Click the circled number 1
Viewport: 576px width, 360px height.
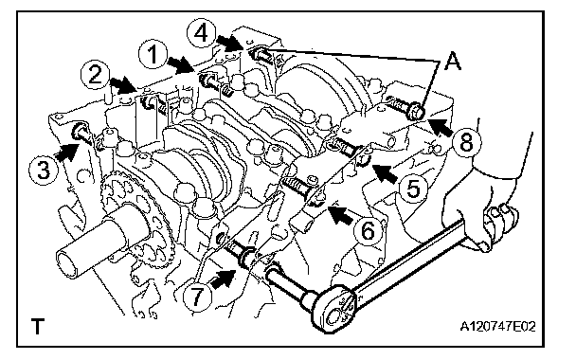(x=153, y=55)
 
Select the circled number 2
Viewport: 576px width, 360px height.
(x=95, y=75)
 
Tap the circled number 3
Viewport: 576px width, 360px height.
(x=45, y=171)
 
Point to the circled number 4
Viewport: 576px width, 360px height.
(x=201, y=33)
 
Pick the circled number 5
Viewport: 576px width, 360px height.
(x=414, y=189)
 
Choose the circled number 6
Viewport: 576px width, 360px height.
(x=368, y=231)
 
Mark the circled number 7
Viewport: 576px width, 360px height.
(x=197, y=296)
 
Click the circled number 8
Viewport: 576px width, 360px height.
(x=466, y=142)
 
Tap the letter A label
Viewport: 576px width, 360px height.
(x=452, y=61)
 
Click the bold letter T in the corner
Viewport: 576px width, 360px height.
(x=38, y=327)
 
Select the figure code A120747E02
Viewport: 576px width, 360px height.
(x=497, y=326)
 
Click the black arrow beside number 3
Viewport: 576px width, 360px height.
(x=67, y=152)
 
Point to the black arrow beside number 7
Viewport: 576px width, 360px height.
(x=223, y=279)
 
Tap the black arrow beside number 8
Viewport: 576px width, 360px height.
(x=440, y=128)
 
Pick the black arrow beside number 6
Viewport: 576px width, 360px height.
(x=342, y=215)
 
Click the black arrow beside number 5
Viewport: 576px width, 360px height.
(x=385, y=173)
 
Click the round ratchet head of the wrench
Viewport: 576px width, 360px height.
(x=335, y=309)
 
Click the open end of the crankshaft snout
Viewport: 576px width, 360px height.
(x=70, y=263)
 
